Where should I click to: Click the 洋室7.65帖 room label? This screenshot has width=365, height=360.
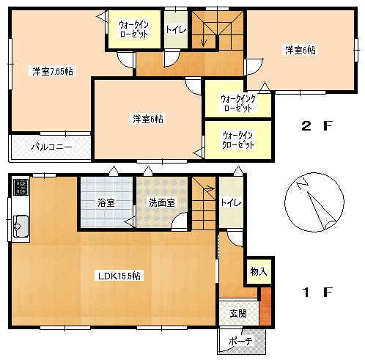(52, 71)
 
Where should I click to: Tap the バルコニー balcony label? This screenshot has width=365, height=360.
(51, 147)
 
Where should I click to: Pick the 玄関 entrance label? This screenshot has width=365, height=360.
(239, 313)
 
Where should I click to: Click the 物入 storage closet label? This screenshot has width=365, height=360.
(259, 271)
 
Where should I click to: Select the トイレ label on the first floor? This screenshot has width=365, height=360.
(231, 202)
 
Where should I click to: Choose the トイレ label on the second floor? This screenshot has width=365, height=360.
(176, 30)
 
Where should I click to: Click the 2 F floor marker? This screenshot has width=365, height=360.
(316, 125)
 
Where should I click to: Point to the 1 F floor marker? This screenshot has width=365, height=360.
(316, 292)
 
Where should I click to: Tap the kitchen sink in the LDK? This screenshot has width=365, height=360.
(18, 224)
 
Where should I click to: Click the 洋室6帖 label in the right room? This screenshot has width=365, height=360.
(301, 50)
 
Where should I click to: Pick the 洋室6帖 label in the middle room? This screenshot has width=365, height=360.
(148, 118)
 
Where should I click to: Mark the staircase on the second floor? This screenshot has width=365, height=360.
(216, 33)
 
